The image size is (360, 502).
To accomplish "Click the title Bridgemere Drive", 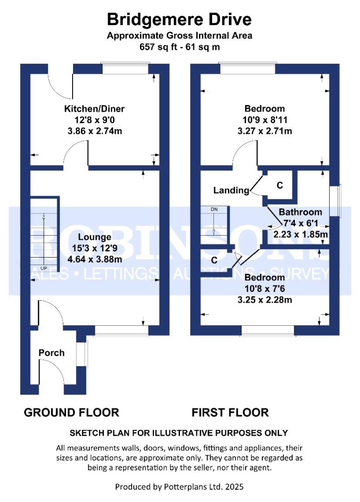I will [180, 20].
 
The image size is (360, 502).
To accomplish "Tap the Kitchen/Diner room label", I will [94, 109].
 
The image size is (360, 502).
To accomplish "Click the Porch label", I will [52, 353].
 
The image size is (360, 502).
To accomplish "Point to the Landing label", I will [231, 190].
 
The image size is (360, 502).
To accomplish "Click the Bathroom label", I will [300, 212].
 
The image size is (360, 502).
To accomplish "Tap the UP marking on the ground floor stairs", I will [44, 269].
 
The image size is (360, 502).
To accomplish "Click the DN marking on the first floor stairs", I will [214, 210].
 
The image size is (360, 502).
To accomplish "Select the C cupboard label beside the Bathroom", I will [280, 185].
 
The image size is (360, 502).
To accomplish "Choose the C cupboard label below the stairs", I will [214, 260].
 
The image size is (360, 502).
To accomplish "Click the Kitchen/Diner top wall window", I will [125, 69].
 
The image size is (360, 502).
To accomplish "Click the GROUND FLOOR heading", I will [71, 412].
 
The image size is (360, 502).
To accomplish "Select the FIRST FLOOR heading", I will [230, 412].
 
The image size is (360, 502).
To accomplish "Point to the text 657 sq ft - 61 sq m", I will [180, 47].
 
